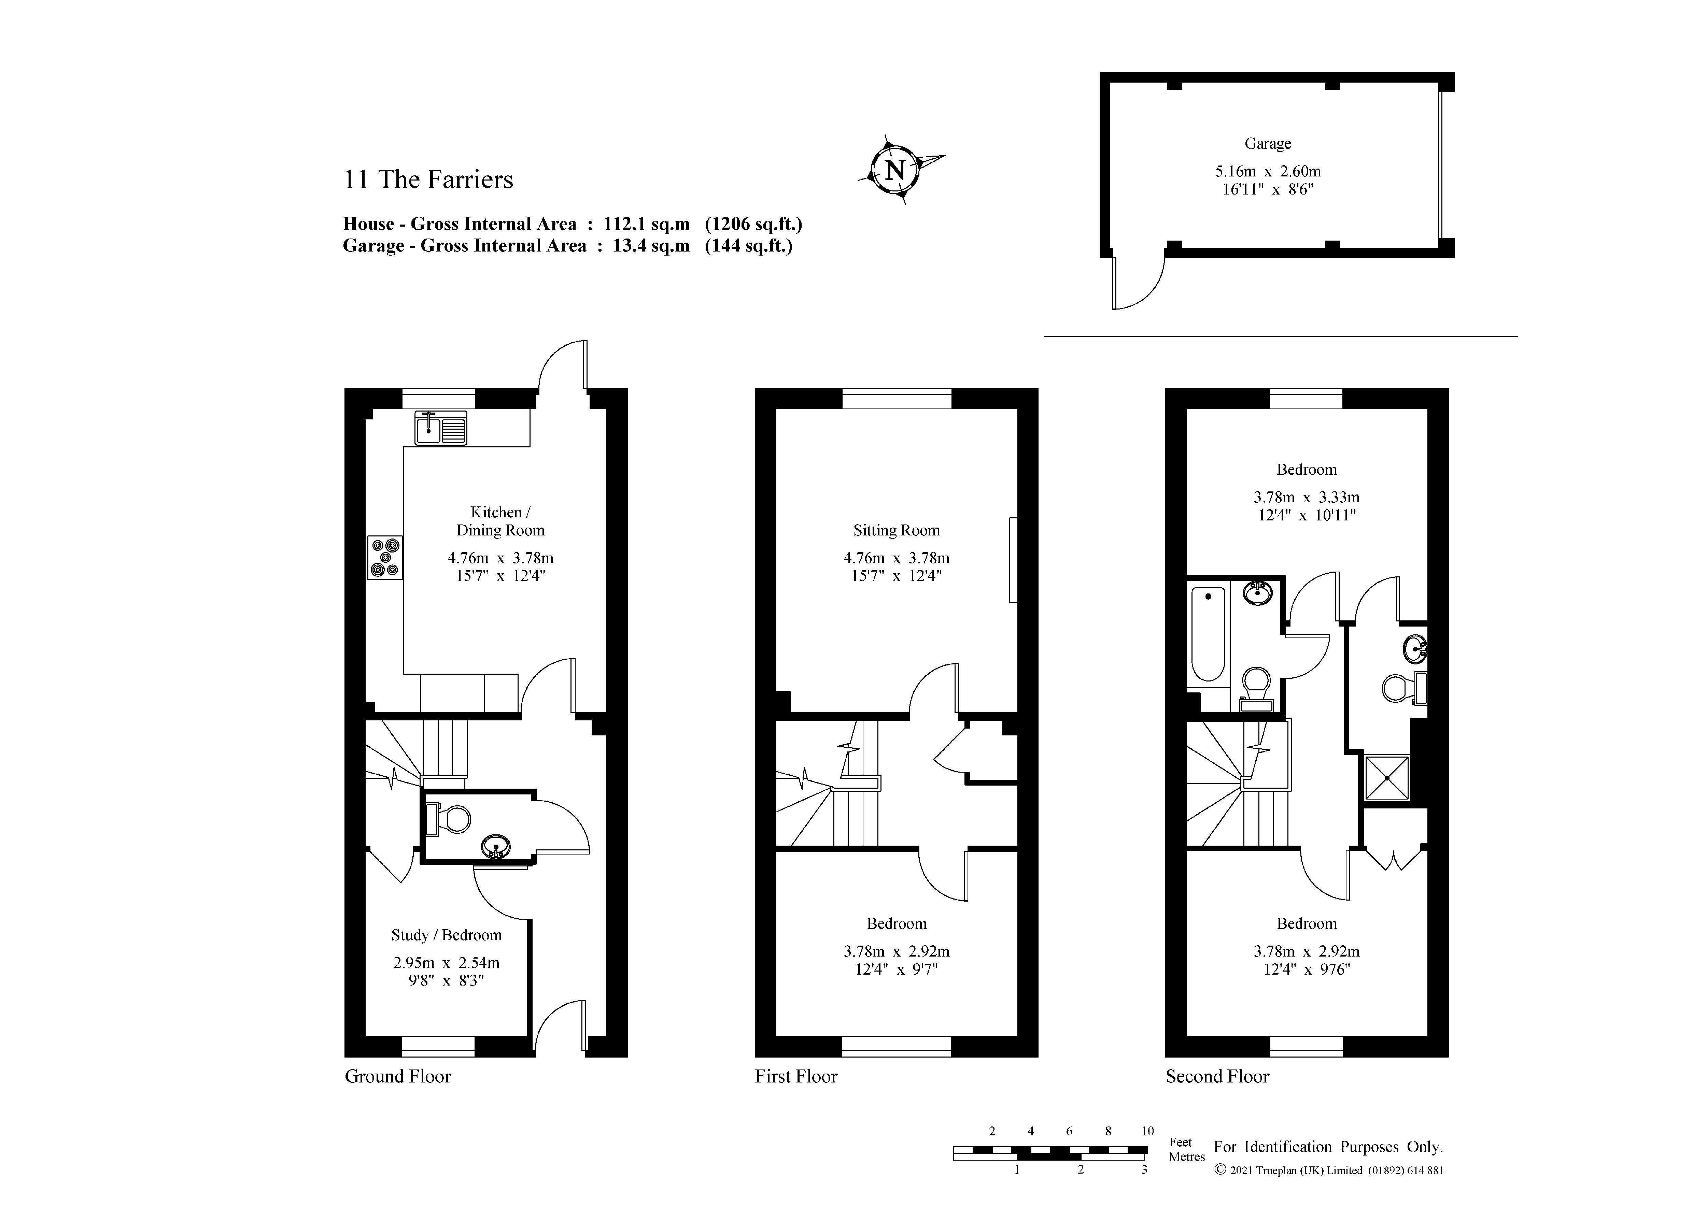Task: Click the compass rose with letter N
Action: pyautogui.click(x=896, y=170)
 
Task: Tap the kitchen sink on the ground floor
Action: pyautogui.click(x=441, y=428)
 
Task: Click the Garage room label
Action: pyautogui.click(x=1268, y=143)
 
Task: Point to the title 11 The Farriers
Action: pyautogui.click(x=428, y=180)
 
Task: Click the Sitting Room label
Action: pyautogui.click(x=896, y=531)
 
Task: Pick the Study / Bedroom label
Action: pyautogui.click(x=446, y=935)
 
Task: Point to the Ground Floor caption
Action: pyautogui.click(x=398, y=1077)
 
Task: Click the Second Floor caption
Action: pyautogui.click(x=1217, y=1077)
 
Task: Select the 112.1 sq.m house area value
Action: pyautogui.click(x=646, y=225)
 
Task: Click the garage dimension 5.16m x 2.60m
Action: pyautogui.click(x=1268, y=171)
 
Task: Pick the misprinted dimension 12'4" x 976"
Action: pyautogui.click(x=1306, y=970)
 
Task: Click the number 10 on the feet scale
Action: pyautogui.click(x=1147, y=1131)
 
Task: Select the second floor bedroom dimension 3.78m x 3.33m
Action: pyautogui.click(x=1306, y=497)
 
